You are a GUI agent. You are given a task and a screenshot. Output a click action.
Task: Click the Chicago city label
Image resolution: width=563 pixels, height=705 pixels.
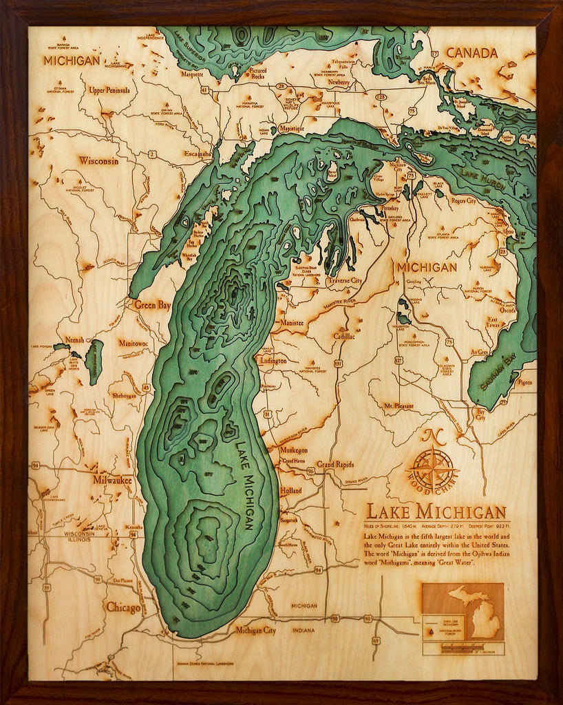coord(123,608)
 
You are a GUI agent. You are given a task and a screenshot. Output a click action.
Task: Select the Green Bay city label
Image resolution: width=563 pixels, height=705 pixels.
coord(152,304)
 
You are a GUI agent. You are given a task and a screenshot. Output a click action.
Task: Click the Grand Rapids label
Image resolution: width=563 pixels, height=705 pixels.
coord(334,465)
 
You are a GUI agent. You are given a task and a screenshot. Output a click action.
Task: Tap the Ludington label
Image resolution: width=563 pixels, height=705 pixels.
coord(274,360)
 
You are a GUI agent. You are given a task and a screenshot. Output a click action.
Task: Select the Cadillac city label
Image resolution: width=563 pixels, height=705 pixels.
coord(343,336)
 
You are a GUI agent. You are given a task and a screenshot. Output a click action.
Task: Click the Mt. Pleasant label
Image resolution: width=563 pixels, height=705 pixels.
coord(399,406)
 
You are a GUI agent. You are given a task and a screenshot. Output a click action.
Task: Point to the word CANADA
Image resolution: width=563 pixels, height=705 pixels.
coord(471,53)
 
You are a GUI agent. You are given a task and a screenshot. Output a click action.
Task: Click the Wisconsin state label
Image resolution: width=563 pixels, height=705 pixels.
coord(98,161)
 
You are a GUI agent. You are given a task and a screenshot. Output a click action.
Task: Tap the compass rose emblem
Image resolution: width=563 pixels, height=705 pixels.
coord(432,470)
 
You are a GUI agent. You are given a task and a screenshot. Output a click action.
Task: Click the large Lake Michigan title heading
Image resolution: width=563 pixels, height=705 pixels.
coord(435,512)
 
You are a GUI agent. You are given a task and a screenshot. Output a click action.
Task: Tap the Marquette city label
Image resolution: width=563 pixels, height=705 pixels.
coord(192,74)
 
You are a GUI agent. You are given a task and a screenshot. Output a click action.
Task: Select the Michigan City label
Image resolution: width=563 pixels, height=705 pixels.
coord(255,630)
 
